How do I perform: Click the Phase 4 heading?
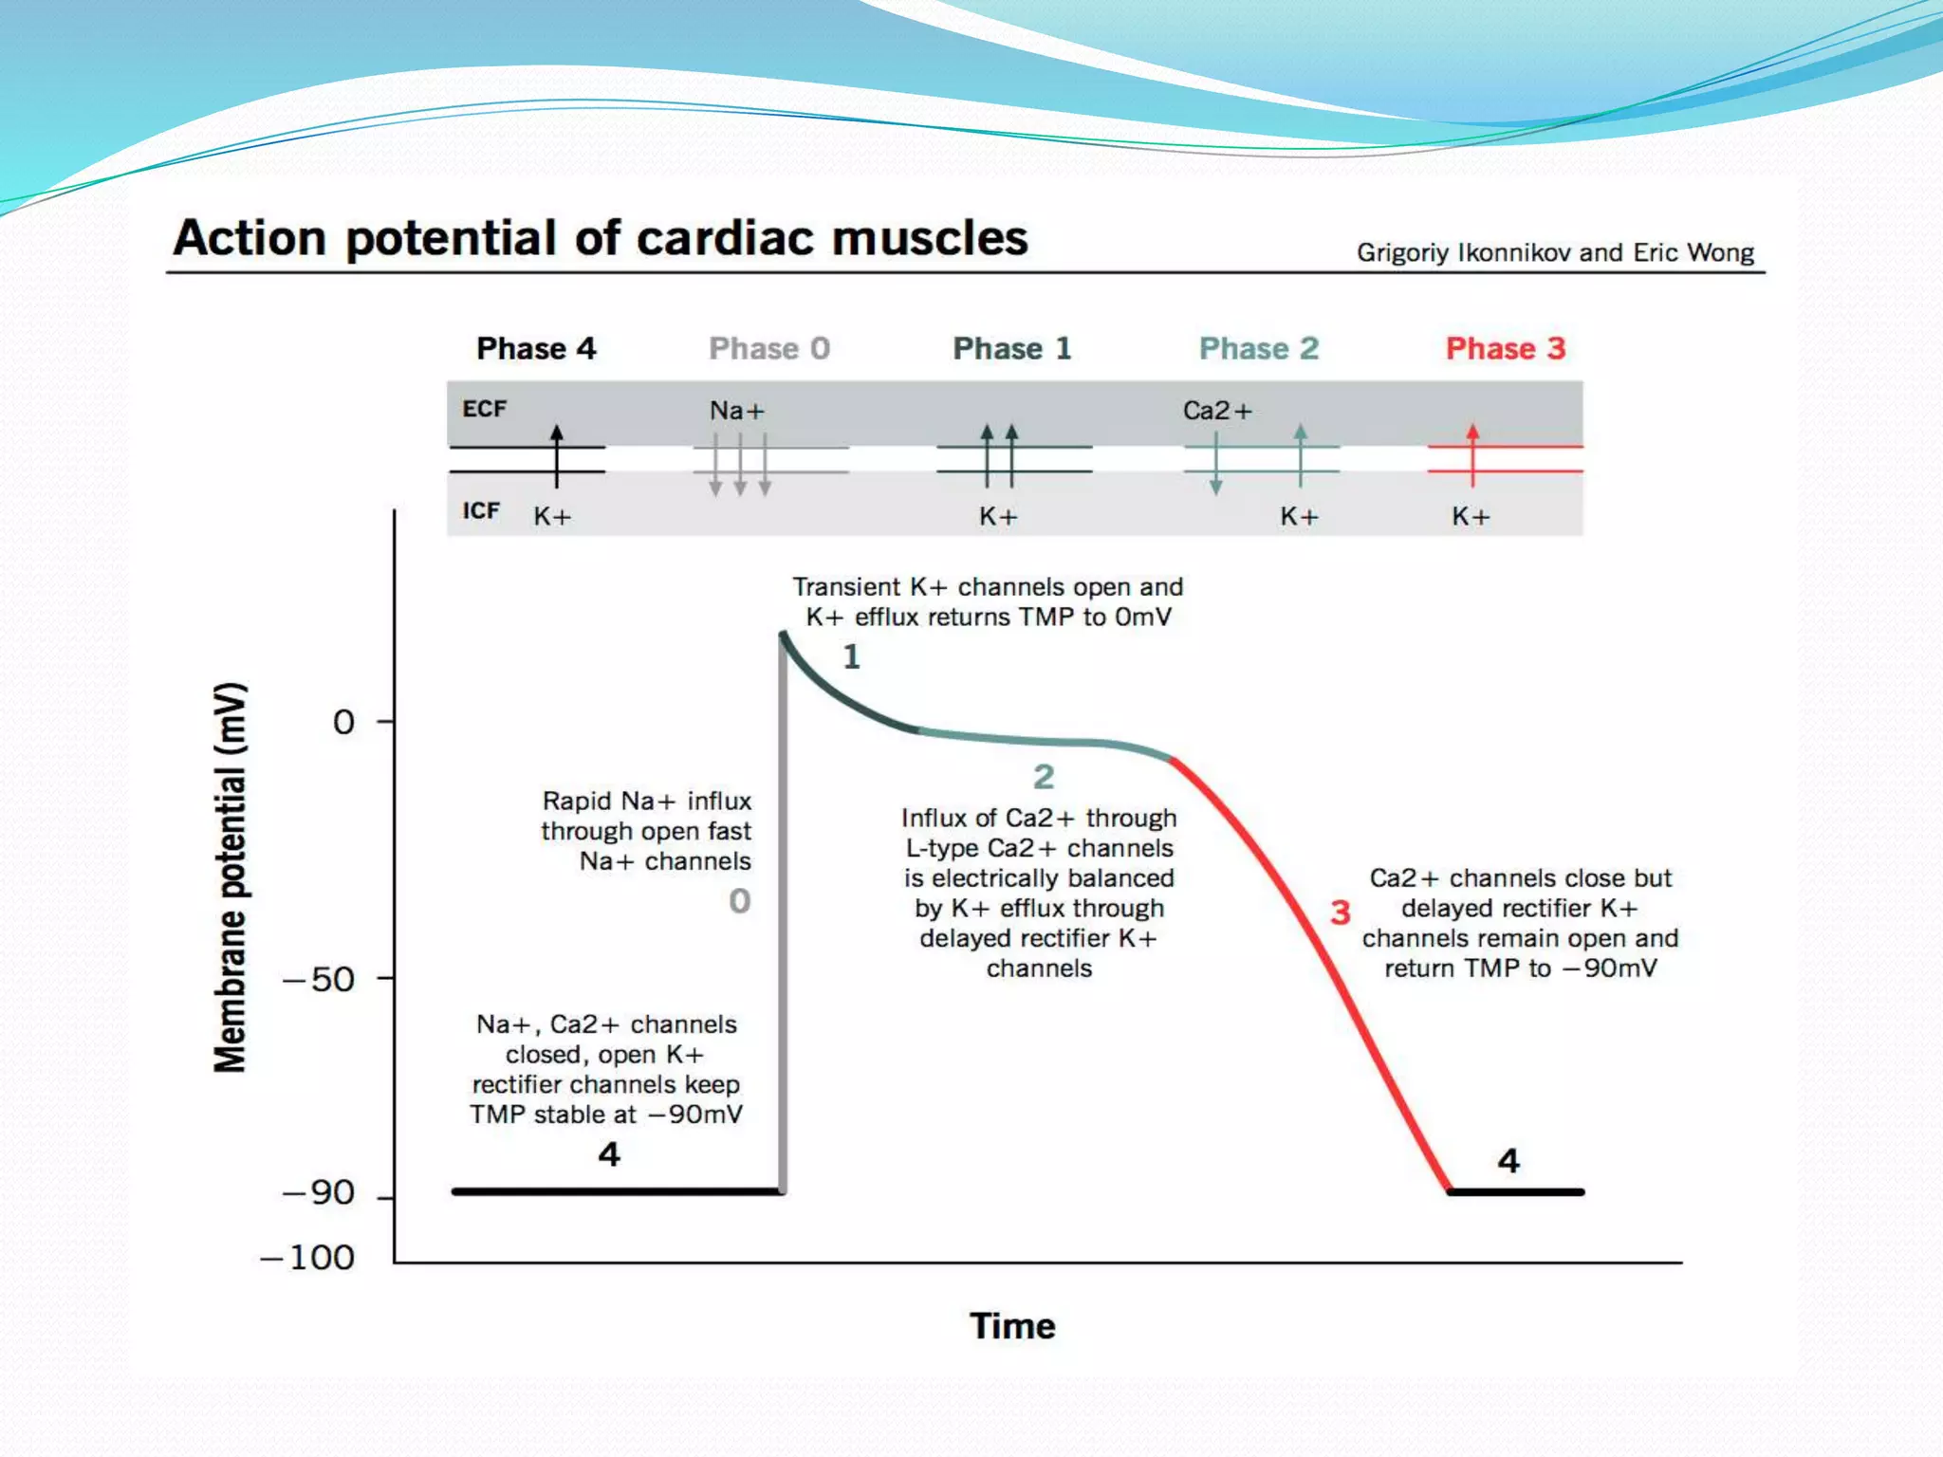[x=536, y=348]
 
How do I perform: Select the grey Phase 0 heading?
[x=769, y=348]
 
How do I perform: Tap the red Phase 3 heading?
[x=1505, y=348]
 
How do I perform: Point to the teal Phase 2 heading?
[x=1259, y=348]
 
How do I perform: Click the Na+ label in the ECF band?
[x=737, y=411]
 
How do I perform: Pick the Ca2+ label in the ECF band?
[x=1217, y=411]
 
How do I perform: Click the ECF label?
[x=484, y=409]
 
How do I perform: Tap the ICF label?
[x=481, y=511]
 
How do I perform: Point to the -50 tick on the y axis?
[x=320, y=979]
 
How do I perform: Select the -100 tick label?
[x=307, y=1258]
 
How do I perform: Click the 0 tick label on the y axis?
[x=343, y=723]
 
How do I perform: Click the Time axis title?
[x=1012, y=1326]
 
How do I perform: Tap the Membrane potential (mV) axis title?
[x=231, y=877]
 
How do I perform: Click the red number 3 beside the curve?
[x=1340, y=913]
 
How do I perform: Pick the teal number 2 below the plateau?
[x=1044, y=777]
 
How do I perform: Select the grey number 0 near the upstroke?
[x=740, y=900]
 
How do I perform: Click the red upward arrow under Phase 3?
[x=1472, y=453]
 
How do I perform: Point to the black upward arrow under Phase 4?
[x=557, y=453]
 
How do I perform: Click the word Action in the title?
[x=250, y=237]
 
